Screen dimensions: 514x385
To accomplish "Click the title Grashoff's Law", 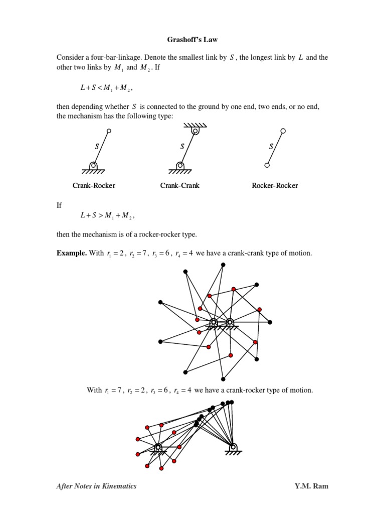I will (192, 38).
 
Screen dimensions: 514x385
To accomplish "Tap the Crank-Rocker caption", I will (94, 186).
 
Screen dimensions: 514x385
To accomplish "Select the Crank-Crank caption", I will (180, 186).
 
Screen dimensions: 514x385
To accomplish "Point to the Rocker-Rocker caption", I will (275, 186).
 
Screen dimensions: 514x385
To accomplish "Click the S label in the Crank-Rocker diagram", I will (97, 147).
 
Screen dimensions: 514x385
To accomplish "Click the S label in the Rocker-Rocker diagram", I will (271, 147).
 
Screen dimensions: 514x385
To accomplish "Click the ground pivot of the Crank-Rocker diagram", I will (93, 165).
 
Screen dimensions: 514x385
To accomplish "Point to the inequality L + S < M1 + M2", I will (107, 88).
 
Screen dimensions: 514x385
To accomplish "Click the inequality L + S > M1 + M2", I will (107, 216).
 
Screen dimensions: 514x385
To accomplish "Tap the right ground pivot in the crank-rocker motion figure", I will (233, 446).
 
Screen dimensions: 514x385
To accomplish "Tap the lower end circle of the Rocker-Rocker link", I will (267, 165).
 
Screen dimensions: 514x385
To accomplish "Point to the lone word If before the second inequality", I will (59, 205).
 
